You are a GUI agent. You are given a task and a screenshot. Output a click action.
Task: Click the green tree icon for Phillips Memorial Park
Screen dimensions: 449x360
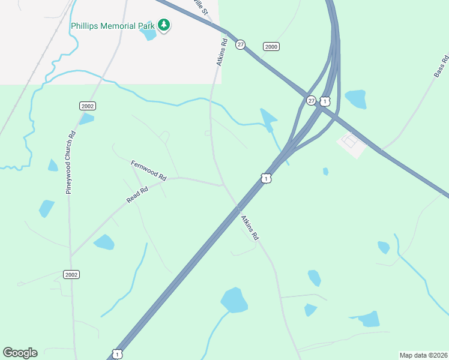tap(163, 25)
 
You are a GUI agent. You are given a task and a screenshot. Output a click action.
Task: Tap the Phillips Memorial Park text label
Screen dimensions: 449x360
tap(112, 26)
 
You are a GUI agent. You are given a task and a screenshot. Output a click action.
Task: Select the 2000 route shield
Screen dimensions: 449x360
tap(271, 47)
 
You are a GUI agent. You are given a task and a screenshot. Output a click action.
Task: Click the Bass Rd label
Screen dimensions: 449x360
tap(441, 66)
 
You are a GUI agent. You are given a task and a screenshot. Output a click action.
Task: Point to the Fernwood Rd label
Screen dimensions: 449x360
tap(148, 170)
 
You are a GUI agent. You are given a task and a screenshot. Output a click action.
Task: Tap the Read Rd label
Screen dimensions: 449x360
tap(137, 194)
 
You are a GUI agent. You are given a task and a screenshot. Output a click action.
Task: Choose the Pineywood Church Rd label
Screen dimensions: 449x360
tap(69, 162)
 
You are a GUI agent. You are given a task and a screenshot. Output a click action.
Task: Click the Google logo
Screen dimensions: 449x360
tap(20, 353)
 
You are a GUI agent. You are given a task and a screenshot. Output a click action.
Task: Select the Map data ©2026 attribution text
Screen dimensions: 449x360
tap(423, 355)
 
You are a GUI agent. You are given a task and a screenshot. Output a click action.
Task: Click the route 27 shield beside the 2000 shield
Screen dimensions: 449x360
tap(241, 45)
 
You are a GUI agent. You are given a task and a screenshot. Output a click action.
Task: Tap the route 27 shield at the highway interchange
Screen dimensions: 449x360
tap(311, 101)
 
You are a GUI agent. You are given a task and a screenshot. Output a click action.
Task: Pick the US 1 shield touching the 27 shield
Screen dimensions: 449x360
tap(324, 101)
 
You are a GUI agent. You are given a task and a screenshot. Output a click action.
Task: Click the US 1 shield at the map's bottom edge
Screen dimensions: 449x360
tap(118, 355)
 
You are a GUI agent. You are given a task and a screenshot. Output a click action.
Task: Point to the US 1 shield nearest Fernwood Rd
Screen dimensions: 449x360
tap(266, 178)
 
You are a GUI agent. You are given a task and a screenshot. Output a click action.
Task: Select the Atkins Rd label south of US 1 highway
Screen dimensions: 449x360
tap(249, 227)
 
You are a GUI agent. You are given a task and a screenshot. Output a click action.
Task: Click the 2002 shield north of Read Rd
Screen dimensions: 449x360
tap(88, 106)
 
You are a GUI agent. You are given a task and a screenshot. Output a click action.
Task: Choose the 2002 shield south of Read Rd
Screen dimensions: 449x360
tap(71, 274)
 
